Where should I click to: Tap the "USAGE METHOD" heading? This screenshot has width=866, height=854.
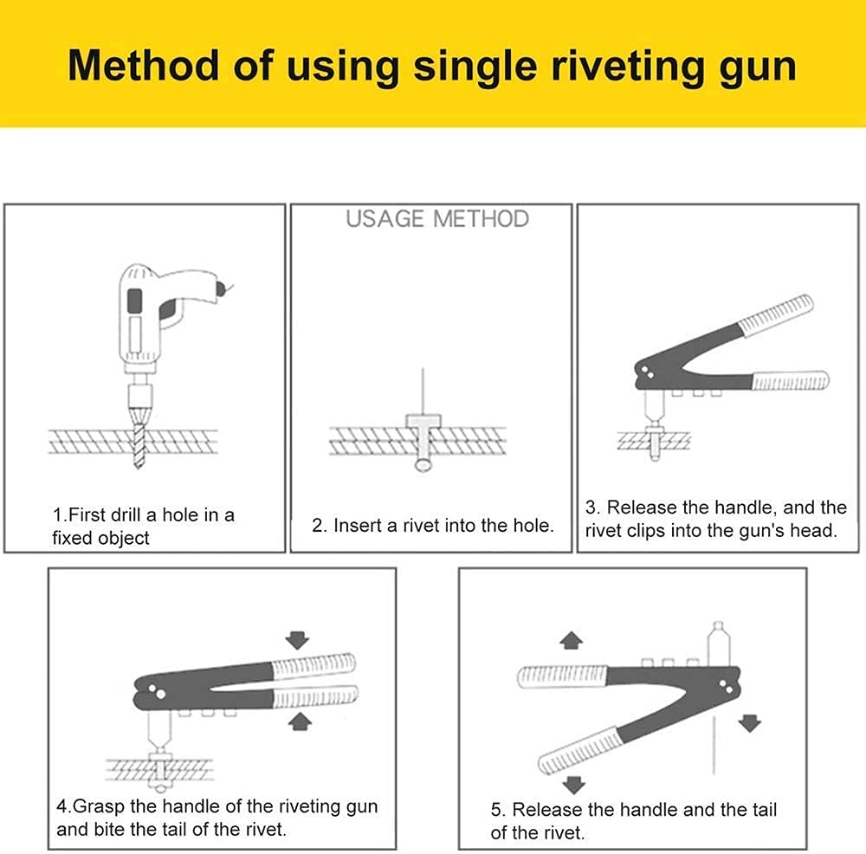pos(437,218)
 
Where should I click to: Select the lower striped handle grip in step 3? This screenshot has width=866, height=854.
pos(789,380)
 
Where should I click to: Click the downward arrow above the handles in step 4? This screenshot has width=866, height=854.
pos(298,640)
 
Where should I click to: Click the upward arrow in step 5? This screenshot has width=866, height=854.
pos(571,640)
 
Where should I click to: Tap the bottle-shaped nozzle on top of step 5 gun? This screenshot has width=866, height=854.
pos(717,642)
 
